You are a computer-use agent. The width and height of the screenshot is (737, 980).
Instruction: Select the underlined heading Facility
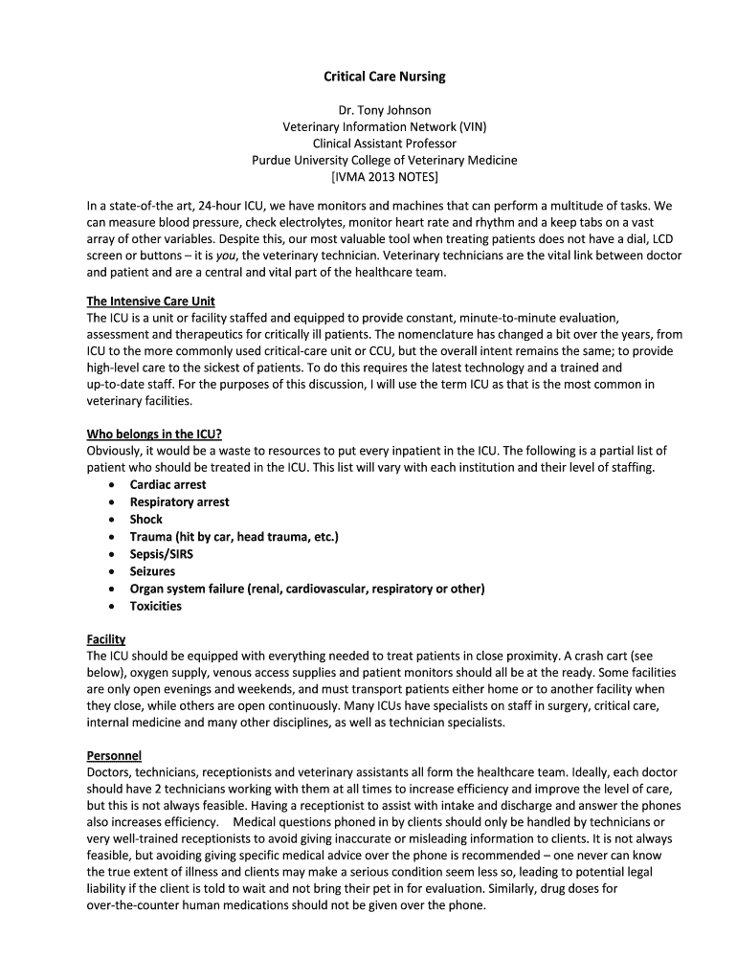[x=106, y=638]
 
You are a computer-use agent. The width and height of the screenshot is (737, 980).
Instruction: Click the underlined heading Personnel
[x=114, y=755]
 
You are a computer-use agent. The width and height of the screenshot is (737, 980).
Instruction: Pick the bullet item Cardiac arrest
[x=167, y=485]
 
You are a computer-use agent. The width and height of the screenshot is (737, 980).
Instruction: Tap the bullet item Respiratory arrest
[x=179, y=502]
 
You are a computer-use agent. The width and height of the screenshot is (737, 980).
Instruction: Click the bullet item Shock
[x=146, y=520]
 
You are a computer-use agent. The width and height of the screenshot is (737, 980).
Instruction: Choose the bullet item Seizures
[x=153, y=571]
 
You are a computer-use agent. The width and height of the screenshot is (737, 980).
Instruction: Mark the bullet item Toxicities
[x=156, y=606]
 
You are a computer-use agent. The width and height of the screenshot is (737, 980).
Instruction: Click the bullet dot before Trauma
[x=112, y=537]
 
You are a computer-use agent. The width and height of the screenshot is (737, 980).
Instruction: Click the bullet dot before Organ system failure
[x=112, y=589]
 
